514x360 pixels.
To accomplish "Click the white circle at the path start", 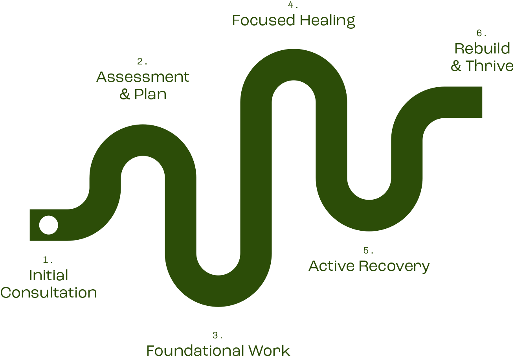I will click(49, 225).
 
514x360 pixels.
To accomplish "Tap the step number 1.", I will click(48, 260).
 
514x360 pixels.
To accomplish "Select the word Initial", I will click(49, 276).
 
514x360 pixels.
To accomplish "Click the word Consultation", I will click(49, 293).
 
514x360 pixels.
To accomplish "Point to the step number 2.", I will click(142, 61).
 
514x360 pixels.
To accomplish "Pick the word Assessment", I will click(143, 77).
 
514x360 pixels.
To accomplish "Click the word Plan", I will click(150, 94).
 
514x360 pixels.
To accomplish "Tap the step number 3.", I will click(217, 336).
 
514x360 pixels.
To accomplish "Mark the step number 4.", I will click(293, 5).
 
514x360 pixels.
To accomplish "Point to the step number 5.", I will click(368, 251).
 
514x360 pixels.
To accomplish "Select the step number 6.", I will click(481, 33).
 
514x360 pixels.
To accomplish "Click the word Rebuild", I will click(482, 49).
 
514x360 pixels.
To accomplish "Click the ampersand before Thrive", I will click(456, 66).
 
